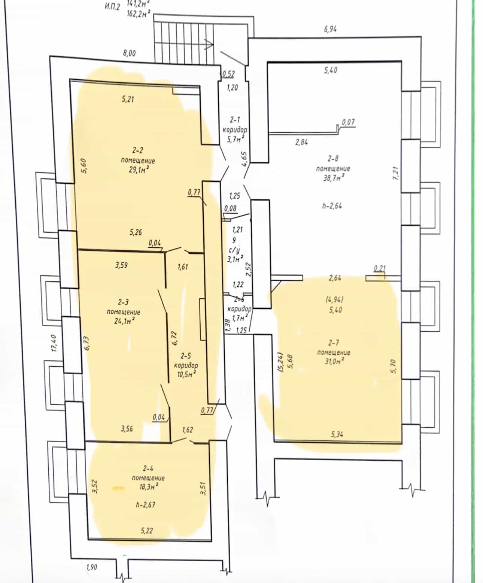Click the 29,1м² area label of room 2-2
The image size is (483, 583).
click(139, 170)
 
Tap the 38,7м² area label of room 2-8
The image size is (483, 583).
click(334, 177)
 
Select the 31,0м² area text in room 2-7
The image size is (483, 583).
click(334, 361)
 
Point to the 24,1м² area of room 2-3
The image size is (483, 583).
click(124, 321)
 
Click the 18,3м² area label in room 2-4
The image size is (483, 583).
click(149, 487)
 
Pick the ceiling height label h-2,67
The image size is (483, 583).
click(145, 505)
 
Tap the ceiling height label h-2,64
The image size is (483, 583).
click(332, 206)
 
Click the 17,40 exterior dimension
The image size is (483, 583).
click(54, 344)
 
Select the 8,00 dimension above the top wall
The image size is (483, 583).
click(129, 53)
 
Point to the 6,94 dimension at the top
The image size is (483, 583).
click(330, 29)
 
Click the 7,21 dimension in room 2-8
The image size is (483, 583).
click(396, 173)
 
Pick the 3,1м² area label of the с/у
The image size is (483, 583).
click(235, 259)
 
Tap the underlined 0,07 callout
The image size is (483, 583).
click(348, 122)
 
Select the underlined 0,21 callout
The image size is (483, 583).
click(380, 268)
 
